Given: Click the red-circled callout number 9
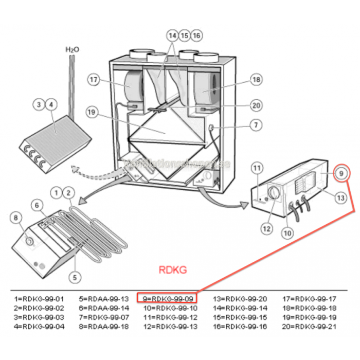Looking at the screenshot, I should click(343, 173).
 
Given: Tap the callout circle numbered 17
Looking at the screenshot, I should click(93, 80).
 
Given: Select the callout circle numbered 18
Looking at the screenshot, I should click(256, 80).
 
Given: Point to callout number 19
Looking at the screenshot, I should click(92, 112).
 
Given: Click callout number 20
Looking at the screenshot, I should click(256, 105).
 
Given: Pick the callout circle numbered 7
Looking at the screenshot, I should click(256, 125).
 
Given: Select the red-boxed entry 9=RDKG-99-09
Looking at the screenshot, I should click(168, 298).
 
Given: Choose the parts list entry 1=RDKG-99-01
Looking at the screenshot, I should click(39, 299).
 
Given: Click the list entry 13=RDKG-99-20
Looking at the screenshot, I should click(240, 299).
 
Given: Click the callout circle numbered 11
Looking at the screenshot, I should click(257, 168).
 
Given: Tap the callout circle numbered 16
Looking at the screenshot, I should click(196, 35).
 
